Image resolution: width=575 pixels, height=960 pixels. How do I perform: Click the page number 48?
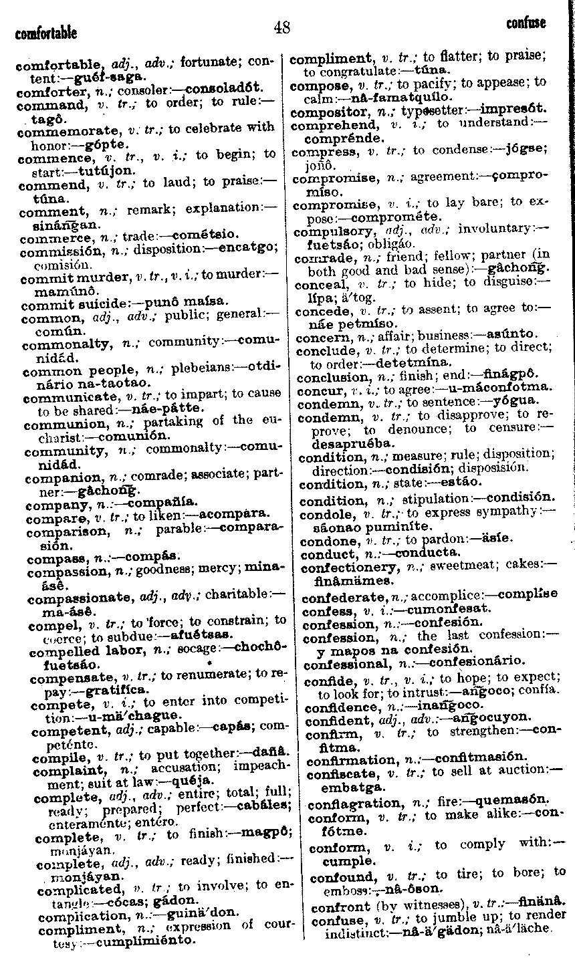pyautogui.click(x=281, y=27)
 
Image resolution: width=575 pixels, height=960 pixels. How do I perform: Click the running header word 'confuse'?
pyautogui.click(x=526, y=23)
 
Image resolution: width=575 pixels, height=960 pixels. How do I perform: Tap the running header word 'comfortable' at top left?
pyautogui.click(x=45, y=33)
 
